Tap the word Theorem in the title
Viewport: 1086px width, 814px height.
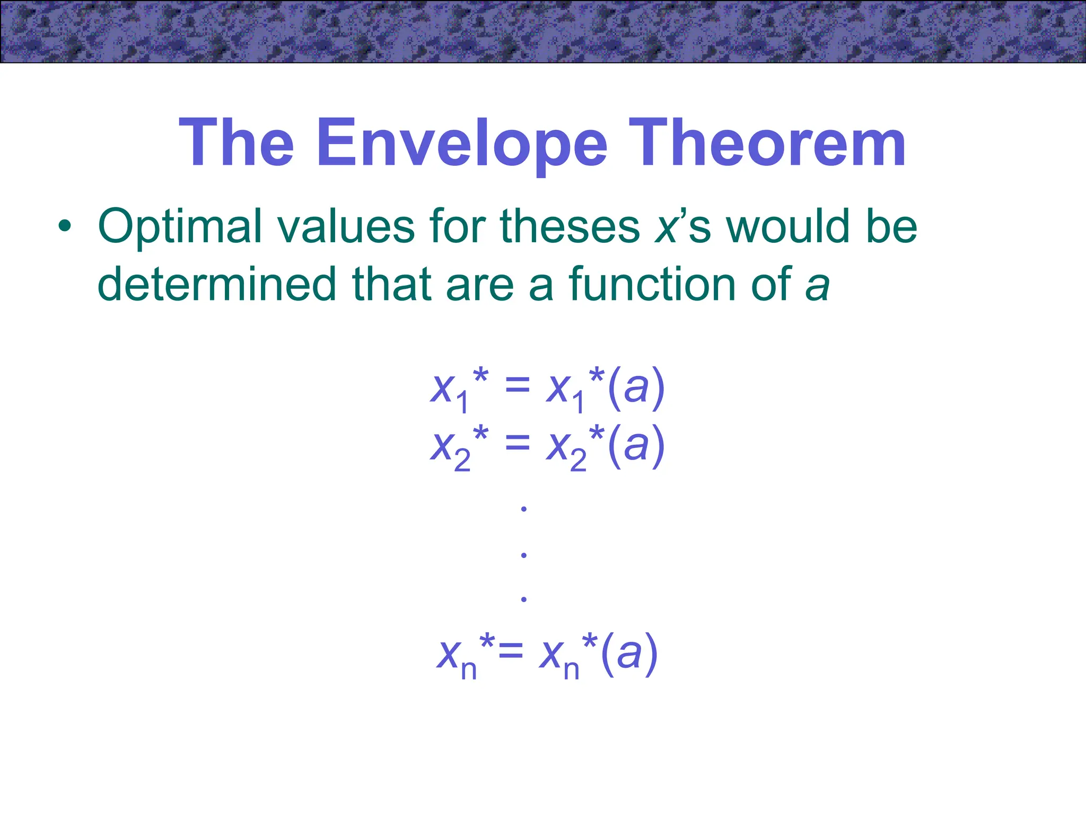coord(767,143)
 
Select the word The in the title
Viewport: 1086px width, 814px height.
coord(237,143)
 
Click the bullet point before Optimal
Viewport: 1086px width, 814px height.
coord(64,227)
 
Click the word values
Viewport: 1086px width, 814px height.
coord(346,227)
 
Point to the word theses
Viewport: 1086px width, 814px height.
coord(570,227)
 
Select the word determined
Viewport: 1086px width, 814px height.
coord(217,284)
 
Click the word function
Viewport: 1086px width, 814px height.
coord(653,284)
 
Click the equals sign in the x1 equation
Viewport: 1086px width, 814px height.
coord(518,386)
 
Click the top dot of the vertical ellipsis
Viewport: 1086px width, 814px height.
coord(524,509)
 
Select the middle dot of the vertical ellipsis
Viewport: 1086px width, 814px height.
coord(524,555)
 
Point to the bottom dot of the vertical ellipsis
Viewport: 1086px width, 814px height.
coord(524,599)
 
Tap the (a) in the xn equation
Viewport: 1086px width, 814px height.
coord(629,653)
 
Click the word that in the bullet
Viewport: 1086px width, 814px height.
coord(391,284)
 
